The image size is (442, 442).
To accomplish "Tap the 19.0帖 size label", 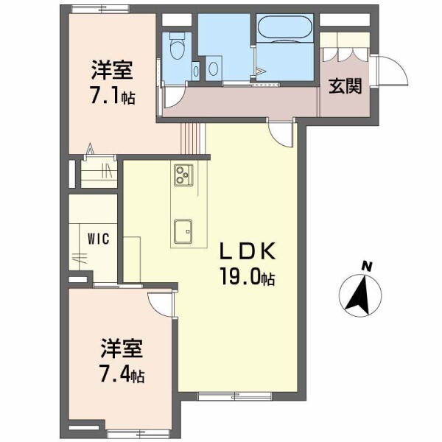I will [x=246, y=278].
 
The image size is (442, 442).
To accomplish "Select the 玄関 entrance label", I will [x=344, y=86].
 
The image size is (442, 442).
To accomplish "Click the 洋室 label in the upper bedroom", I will [x=112, y=71].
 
